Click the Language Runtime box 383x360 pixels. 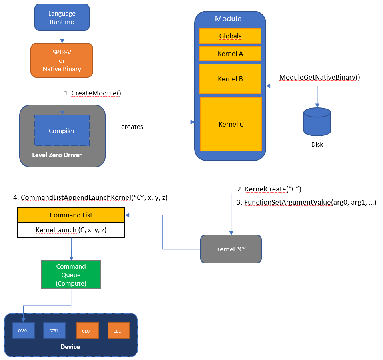point(62,18)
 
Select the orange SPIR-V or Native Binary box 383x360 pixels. point(62,60)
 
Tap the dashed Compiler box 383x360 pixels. point(62,131)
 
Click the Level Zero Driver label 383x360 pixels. point(57,155)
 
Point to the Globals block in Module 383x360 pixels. point(230,36)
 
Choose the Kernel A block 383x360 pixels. point(230,53)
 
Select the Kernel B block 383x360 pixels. point(230,79)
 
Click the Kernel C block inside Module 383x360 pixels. point(231,124)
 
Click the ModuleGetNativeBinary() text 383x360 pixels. point(319,77)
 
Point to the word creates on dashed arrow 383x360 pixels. point(132,127)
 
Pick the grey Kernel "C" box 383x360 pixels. point(231,249)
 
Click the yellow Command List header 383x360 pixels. point(71,215)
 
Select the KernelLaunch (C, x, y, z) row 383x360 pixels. point(71,230)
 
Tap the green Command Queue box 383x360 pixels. point(71,275)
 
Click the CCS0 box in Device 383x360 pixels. point(22,331)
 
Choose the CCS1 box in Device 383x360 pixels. point(54,331)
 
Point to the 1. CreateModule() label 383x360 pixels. point(92,93)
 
